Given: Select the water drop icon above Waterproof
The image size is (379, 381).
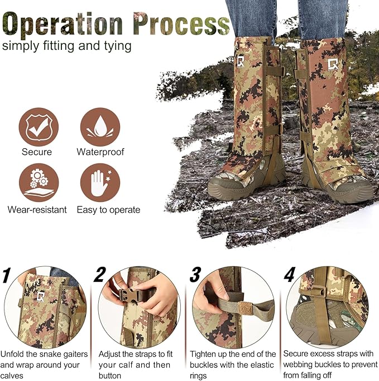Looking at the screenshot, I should [x=100, y=127].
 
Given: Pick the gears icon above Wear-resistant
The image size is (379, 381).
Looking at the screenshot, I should [x=37, y=182].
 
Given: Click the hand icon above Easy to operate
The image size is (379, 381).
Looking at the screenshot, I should [x=100, y=182].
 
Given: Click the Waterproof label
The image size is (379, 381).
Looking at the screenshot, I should [x=100, y=152].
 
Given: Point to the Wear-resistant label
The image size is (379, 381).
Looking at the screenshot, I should [x=37, y=210].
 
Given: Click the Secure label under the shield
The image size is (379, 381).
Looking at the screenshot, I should [x=37, y=152].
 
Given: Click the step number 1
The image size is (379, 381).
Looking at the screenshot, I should [x=6, y=275].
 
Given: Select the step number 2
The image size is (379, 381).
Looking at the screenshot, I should [x=100, y=275].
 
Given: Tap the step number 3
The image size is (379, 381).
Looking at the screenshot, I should [x=195, y=275].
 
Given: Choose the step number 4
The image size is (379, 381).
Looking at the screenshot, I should [x=289, y=275].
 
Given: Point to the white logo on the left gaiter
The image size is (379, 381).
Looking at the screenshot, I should [x=241, y=60].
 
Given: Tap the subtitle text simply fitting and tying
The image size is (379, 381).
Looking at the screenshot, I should [x=67, y=46].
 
